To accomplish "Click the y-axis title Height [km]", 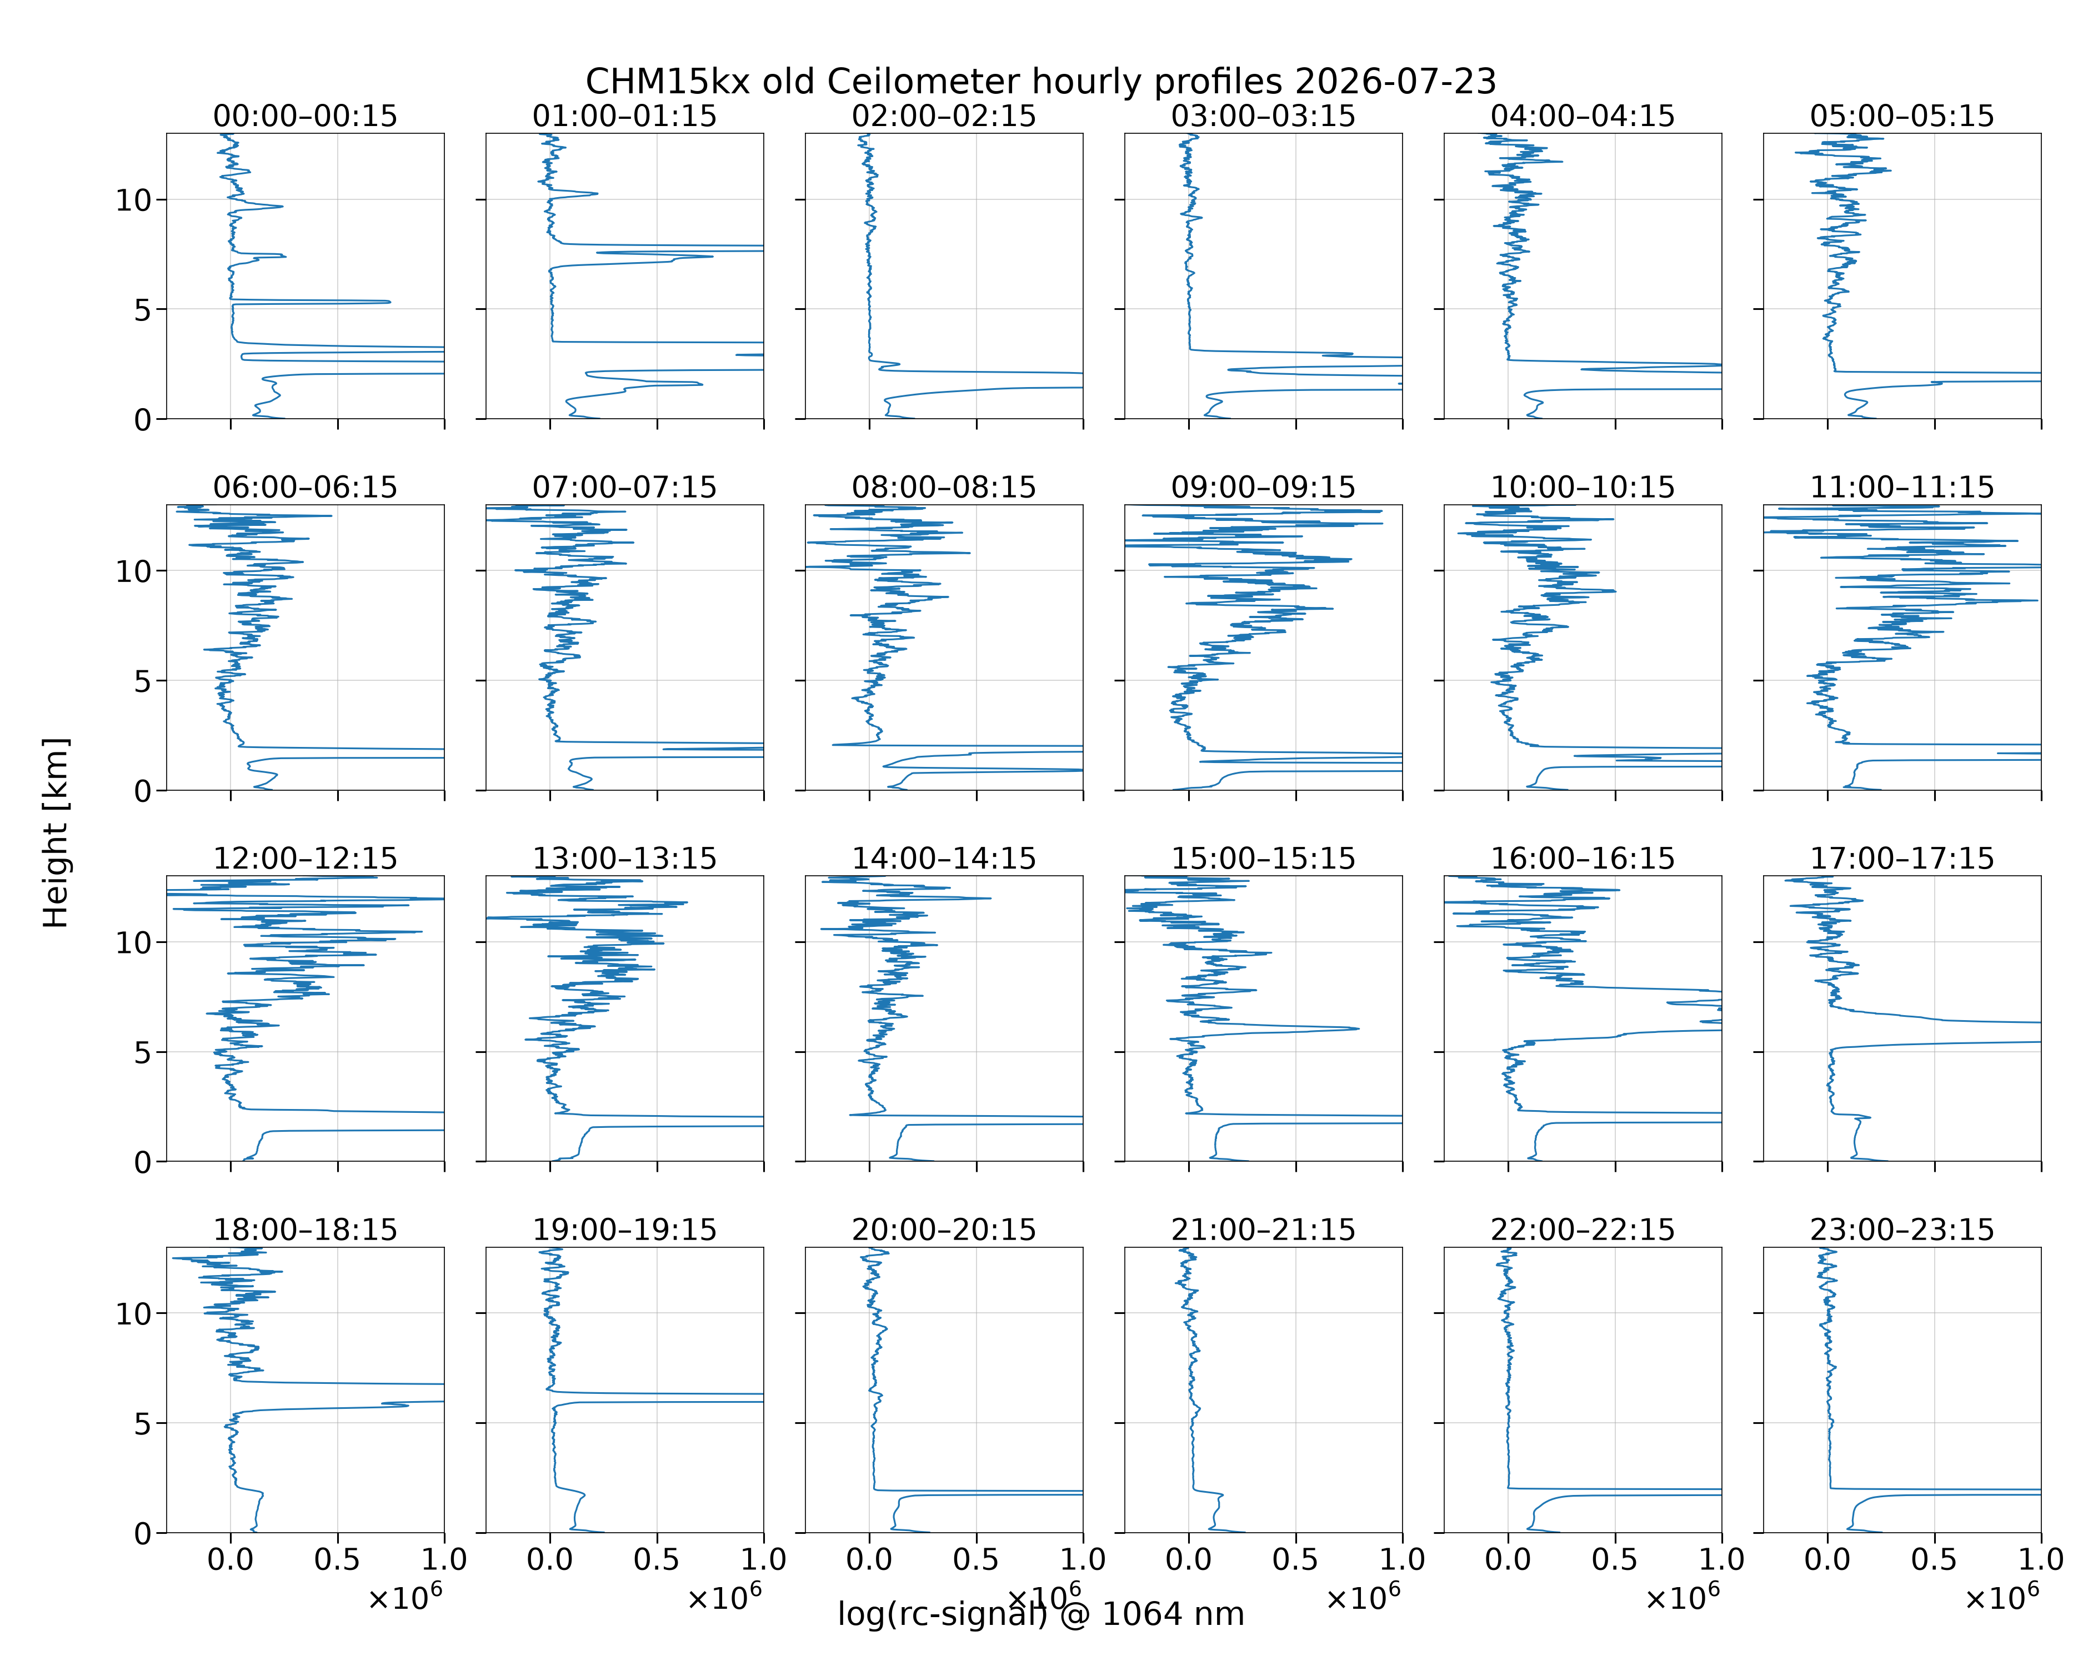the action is pos(56,832).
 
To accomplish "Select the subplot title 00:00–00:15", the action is pos(306,116).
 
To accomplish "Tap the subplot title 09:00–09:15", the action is pos(1264,487).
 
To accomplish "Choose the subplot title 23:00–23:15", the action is pos(1902,1230).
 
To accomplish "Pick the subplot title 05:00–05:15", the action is pos(1902,116).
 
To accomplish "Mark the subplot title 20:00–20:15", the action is pos(944,1230).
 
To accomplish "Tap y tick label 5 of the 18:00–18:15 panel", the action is pos(143,1423).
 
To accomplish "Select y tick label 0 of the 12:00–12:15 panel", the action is pos(143,1162).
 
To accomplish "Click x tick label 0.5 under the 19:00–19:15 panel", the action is pos(657,1559).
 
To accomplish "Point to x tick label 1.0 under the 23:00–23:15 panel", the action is pos(2040,1559).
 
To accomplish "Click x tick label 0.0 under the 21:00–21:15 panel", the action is pos(1188,1559).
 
